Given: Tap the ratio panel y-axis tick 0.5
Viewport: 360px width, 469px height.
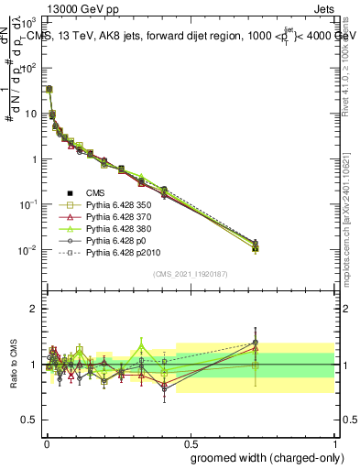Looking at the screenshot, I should coord(29,420).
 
